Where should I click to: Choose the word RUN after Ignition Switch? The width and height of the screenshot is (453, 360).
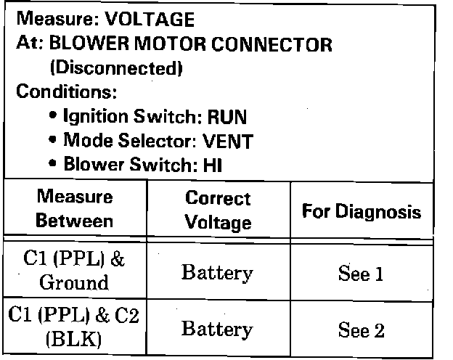pyautogui.click(x=227, y=116)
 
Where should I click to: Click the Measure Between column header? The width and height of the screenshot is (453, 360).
pyautogui.click(x=75, y=208)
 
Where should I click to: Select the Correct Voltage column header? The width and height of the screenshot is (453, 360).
pyautogui.click(x=218, y=210)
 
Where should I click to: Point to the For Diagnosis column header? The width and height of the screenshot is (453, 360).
pyautogui.click(x=361, y=212)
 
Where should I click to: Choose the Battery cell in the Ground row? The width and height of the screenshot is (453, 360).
pyautogui.click(x=217, y=273)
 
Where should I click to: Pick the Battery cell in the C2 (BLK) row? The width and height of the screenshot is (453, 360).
pyautogui.click(x=217, y=329)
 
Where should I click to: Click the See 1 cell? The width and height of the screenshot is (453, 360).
pyautogui.click(x=361, y=274)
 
